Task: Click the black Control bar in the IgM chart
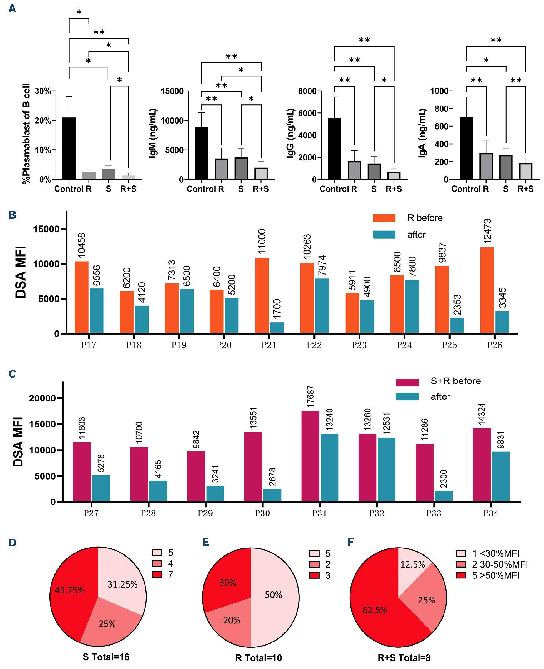pyautogui.click(x=201, y=153)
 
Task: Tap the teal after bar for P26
pyautogui.click(x=502, y=322)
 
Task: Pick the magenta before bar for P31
pyautogui.click(x=310, y=456)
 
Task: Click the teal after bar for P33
pyautogui.click(x=444, y=496)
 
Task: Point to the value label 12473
pyautogui.click(x=487, y=231)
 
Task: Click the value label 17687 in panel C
pyautogui.click(x=310, y=396)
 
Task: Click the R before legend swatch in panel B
pyautogui.click(x=384, y=218)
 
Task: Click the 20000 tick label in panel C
pyautogui.click(x=42, y=398)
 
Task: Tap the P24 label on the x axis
pyautogui.click(x=404, y=345)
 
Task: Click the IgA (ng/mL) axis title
pyautogui.click(x=422, y=133)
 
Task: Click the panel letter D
pyautogui.click(x=12, y=542)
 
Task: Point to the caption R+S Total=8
pyautogui.click(x=404, y=658)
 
